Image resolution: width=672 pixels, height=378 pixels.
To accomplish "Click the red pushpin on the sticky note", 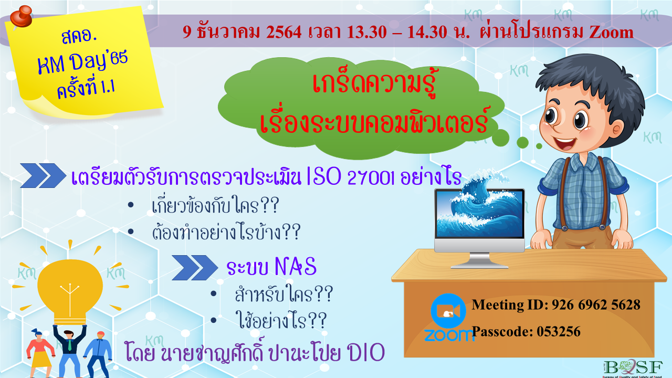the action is click(20, 16).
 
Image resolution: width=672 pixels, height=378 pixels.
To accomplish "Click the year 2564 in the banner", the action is click(284, 32).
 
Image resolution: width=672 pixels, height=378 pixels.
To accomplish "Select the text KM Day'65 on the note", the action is click(82, 62).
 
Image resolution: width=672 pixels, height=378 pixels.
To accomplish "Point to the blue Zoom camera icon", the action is click(448, 311).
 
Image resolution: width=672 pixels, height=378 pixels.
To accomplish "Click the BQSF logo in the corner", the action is click(633, 368).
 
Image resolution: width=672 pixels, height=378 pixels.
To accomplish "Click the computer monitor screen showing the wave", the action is click(479, 214).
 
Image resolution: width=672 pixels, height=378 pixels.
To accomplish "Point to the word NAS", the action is click(296, 266).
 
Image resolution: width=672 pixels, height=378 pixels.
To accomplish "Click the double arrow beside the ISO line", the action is click(43, 175).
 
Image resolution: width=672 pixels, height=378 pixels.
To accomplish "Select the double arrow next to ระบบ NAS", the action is click(195, 268).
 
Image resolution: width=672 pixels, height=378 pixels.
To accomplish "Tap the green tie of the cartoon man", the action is click(70, 345).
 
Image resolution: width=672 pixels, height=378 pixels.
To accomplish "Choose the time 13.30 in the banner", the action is click(367, 32).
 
